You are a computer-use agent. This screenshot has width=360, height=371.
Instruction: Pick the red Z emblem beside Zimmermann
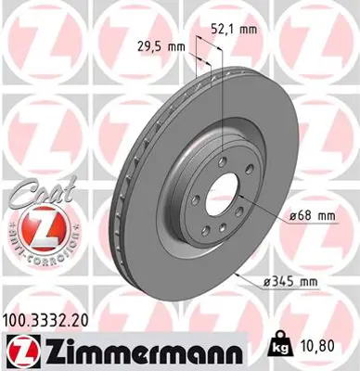click(x=19, y=351)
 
